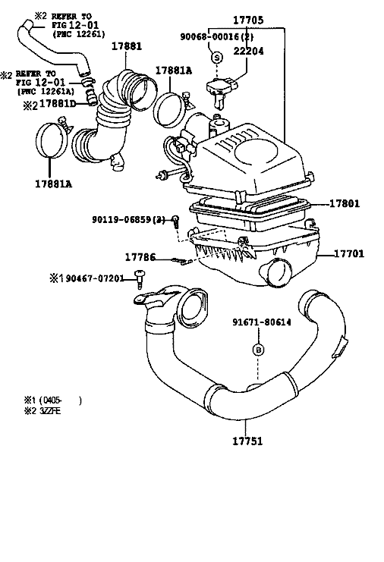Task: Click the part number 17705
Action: click(x=248, y=20)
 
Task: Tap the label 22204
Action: click(x=248, y=52)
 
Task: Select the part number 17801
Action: click(x=345, y=203)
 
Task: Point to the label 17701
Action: click(x=349, y=254)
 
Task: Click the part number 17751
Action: click(x=247, y=441)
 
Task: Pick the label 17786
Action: click(x=140, y=257)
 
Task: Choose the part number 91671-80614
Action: click(x=262, y=322)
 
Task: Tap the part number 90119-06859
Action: click(x=121, y=219)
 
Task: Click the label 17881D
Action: click(x=58, y=104)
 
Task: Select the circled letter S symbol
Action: click(x=216, y=58)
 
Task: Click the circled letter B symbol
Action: click(x=259, y=350)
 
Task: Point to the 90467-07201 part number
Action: click(x=95, y=278)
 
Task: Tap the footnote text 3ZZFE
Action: click(x=50, y=411)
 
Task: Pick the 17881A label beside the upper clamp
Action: click(x=174, y=71)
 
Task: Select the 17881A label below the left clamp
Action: click(x=53, y=184)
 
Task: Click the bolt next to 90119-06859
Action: click(x=175, y=221)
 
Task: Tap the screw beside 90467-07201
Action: click(x=139, y=279)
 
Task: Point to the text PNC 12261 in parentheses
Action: click(x=79, y=34)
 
